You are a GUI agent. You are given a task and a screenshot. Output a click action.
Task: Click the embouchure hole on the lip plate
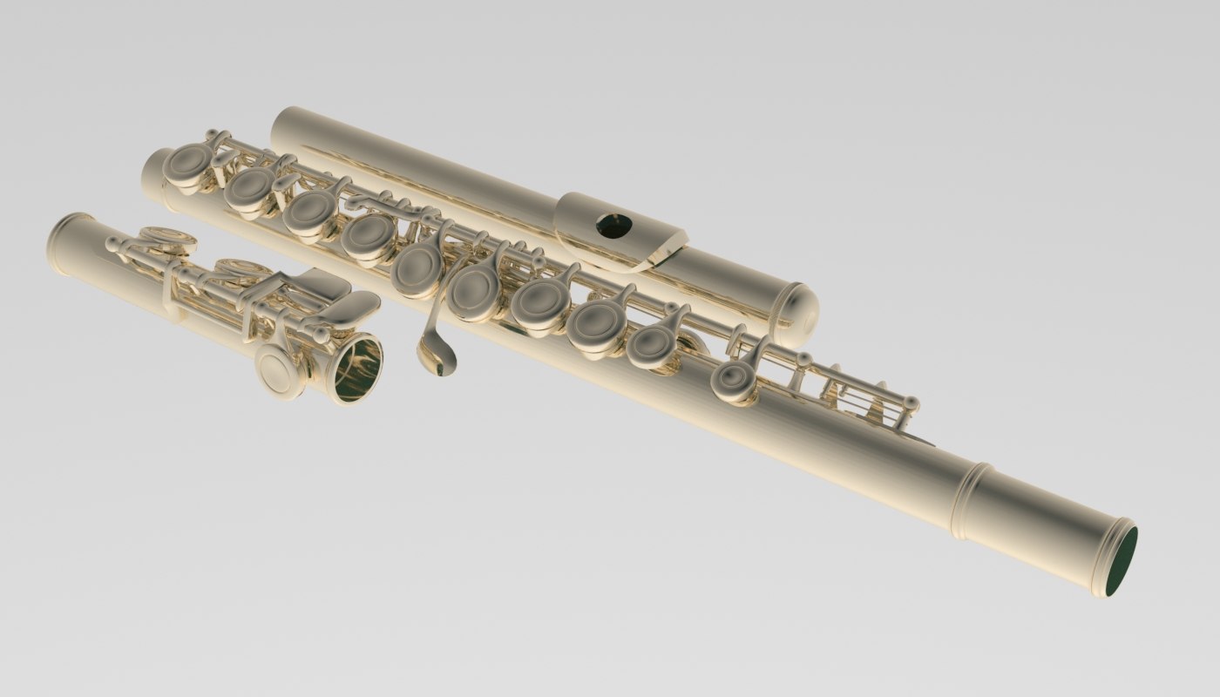[614, 226]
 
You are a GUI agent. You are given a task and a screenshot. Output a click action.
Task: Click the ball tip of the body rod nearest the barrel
[912, 403]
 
